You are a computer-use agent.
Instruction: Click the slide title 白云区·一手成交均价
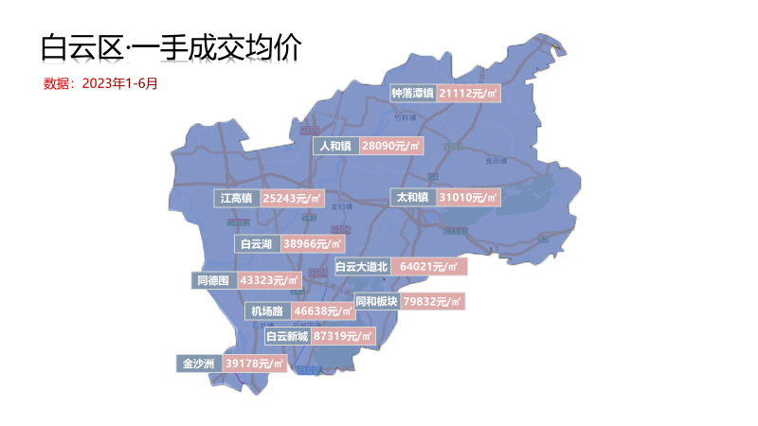pyautogui.click(x=171, y=47)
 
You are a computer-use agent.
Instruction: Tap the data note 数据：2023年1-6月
pyautogui.click(x=100, y=83)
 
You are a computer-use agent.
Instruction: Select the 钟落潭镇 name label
pyautogui.click(x=413, y=93)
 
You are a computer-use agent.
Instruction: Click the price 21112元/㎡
pyautogui.click(x=469, y=93)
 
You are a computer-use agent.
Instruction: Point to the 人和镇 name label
pyautogui.click(x=335, y=146)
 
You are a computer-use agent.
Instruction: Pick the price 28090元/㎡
pyautogui.click(x=391, y=146)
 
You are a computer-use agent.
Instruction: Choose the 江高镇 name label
pyautogui.click(x=236, y=199)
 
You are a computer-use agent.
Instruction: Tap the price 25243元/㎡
pyautogui.click(x=292, y=199)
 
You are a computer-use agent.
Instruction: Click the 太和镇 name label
pyautogui.click(x=413, y=197)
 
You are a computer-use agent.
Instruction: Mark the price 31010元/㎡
pyautogui.click(x=469, y=197)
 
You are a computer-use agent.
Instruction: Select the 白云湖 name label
pyautogui.click(x=257, y=244)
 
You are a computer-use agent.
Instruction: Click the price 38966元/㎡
pyautogui.click(x=313, y=244)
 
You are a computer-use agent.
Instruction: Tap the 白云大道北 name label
pyautogui.click(x=362, y=267)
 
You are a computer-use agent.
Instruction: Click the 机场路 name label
pyautogui.click(x=266, y=311)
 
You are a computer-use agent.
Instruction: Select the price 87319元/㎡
pyautogui.click(x=343, y=336)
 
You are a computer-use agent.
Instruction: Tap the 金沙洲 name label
pyautogui.click(x=199, y=364)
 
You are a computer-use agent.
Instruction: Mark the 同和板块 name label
pyautogui.click(x=376, y=301)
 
